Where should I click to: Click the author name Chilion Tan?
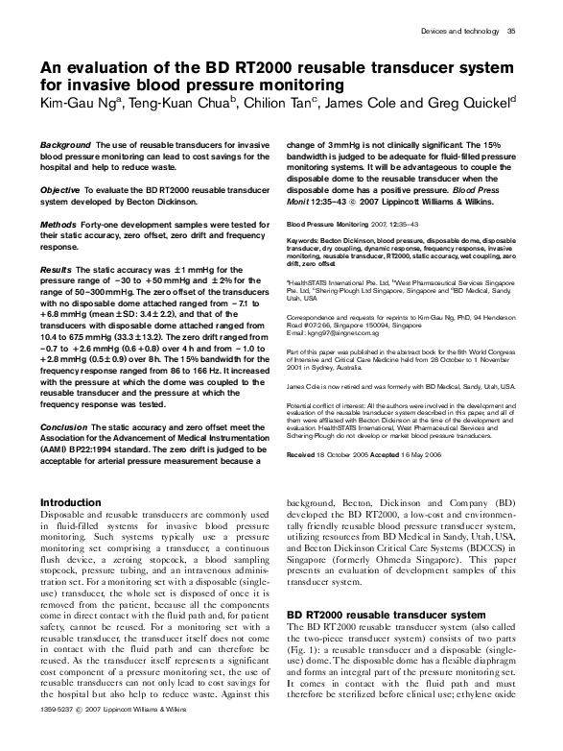point(274,104)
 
